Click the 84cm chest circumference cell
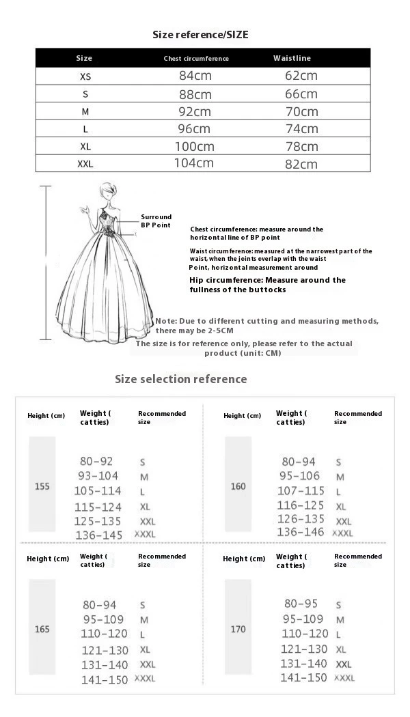195,76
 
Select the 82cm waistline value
301,164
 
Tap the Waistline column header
292,58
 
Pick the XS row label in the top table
85,76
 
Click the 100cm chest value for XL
194,146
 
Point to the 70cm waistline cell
301,111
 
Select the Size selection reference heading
180,379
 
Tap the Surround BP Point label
156,221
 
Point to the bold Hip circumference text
267,285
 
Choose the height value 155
42,487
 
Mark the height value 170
238,629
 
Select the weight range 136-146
301,532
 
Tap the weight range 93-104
98,476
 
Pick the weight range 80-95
301,604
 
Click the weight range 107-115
301,491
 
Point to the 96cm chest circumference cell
195,128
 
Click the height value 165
42,629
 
